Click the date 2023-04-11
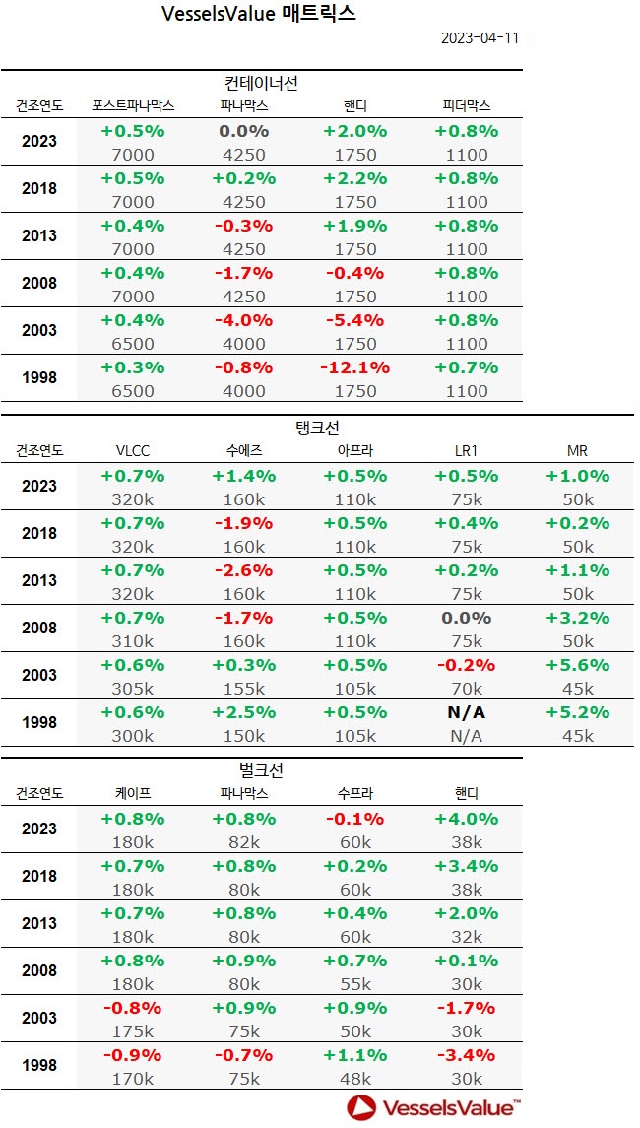(480, 38)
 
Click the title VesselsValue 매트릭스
(257, 14)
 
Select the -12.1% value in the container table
(354, 367)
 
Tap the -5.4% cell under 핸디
(354, 320)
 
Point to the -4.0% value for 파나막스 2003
(244, 320)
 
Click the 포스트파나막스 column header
(132, 105)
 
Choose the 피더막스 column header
(467, 105)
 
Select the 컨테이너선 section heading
(261, 83)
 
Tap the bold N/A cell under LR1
(467, 712)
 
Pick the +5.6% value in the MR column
(577, 665)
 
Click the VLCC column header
(132, 451)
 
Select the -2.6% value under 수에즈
(244, 570)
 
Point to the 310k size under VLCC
(132, 641)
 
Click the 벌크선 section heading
(261, 770)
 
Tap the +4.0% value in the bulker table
(467, 819)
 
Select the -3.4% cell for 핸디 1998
(467, 1055)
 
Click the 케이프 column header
(132, 793)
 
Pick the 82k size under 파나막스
(244, 842)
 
